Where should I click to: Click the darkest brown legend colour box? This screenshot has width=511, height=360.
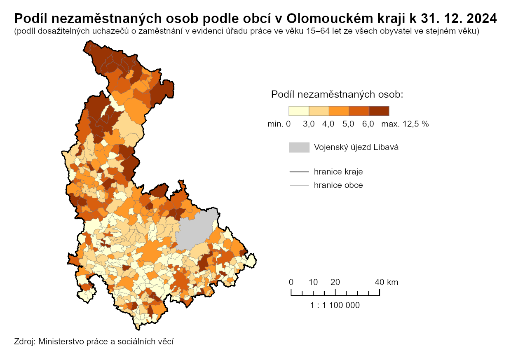tap(379, 111)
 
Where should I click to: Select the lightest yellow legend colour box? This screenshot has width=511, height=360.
tap(299, 111)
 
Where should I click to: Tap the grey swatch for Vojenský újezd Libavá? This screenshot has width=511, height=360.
tap(299, 147)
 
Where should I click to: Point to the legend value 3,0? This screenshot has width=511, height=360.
tap(309, 124)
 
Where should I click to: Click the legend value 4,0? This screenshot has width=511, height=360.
tap(328, 124)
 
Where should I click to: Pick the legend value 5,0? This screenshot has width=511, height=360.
tap(348, 124)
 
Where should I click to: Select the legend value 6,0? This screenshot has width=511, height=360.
tap(368, 124)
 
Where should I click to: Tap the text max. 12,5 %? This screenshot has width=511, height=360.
tap(405, 124)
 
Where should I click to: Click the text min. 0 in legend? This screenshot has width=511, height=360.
tap(279, 124)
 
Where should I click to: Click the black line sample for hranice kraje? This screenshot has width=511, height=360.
tap(299, 171)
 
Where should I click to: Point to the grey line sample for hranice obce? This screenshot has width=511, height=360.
tap(299, 185)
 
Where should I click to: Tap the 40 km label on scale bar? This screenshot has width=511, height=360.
tap(386, 282)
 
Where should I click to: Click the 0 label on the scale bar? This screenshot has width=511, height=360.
tap(291, 282)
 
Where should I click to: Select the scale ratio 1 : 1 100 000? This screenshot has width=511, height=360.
tap(335, 305)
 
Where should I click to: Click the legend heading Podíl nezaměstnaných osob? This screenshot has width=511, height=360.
tap(337, 94)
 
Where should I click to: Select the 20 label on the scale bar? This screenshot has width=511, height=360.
tap(335, 282)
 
